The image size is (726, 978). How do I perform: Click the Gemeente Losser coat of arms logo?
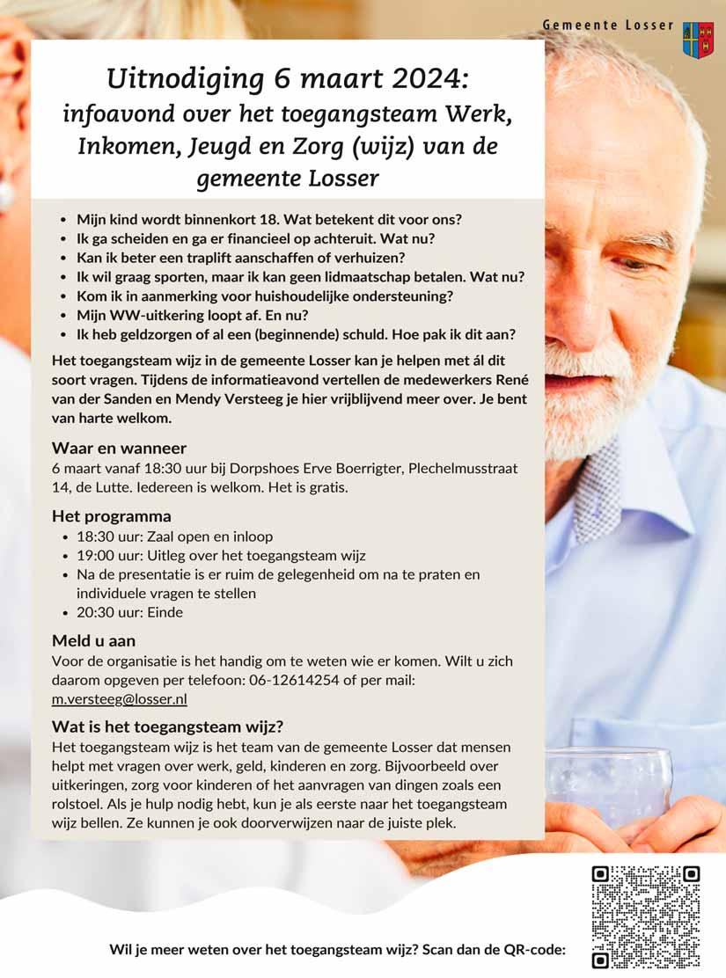coord(698,40)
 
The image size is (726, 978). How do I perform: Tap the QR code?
coord(645,916)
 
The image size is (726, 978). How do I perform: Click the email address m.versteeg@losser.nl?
coord(120,700)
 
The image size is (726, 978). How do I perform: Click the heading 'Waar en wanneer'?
coord(119,449)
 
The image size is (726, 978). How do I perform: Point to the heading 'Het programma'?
coord(112,516)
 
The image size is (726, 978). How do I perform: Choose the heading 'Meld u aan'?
coord(94,640)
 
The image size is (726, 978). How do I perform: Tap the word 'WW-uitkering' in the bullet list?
coord(158,314)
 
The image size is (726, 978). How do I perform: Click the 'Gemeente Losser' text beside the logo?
coord(607,26)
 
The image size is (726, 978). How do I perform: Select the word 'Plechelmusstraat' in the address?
coord(462,469)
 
